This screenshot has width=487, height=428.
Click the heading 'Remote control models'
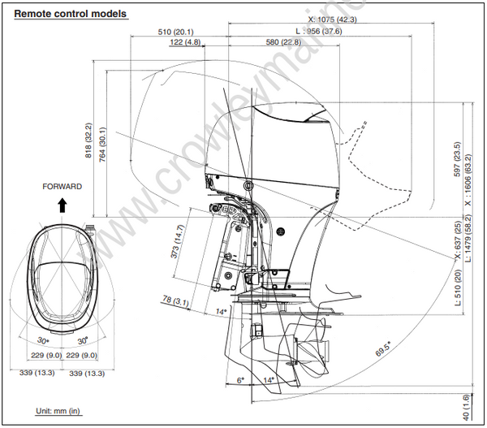pyautogui.click(x=71, y=14)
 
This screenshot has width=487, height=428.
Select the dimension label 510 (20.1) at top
pyautogui.click(x=175, y=32)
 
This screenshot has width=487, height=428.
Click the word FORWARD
pyautogui.click(x=62, y=187)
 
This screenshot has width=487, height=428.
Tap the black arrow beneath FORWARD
pyautogui.click(x=62, y=205)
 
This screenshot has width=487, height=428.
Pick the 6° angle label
pyautogui.click(x=239, y=379)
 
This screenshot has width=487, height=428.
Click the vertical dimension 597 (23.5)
pyautogui.click(x=456, y=160)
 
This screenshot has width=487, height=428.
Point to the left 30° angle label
pyautogui.click(x=42, y=341)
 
